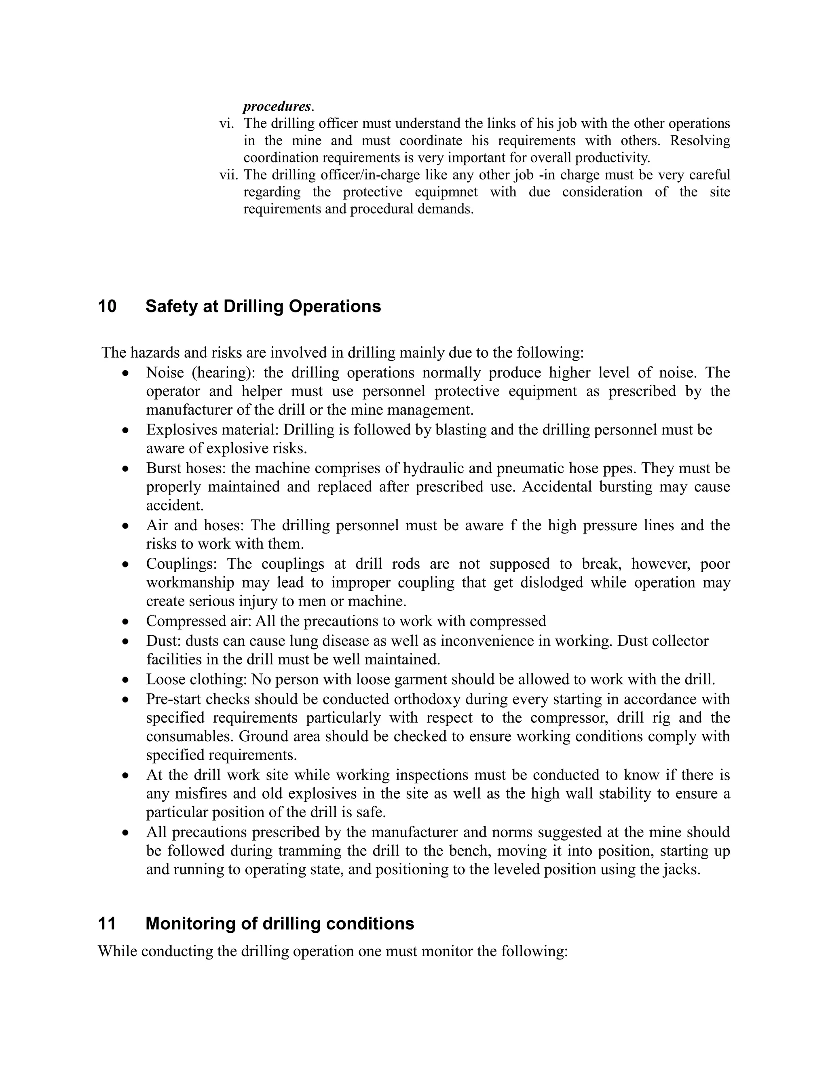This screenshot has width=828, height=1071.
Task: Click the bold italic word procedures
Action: point(277,106)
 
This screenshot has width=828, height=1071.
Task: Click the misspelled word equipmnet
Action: point(446,192)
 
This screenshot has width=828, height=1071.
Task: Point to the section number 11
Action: point(107,924)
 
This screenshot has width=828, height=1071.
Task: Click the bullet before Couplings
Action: point(126,565)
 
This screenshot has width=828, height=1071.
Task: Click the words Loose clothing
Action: point(198,680)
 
